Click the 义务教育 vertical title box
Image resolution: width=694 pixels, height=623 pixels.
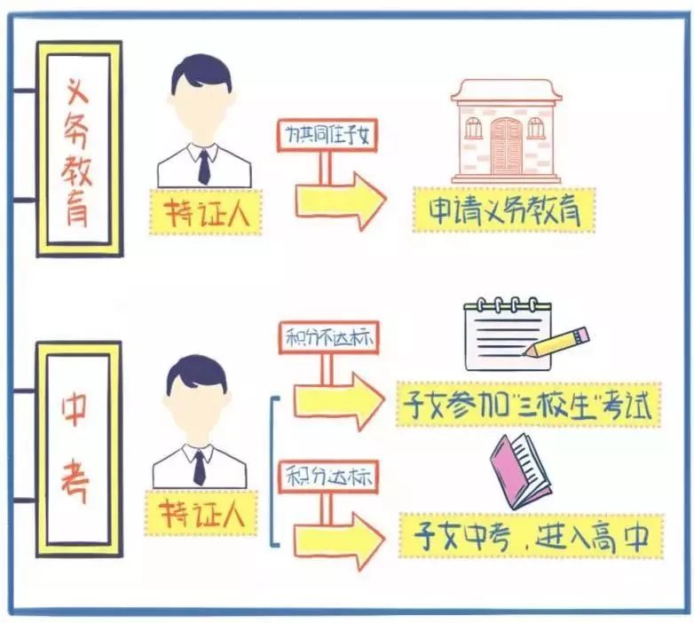pos(79,149)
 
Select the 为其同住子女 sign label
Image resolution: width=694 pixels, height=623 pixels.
pos(327,135)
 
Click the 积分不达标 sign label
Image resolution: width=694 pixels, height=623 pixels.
pos(329,338)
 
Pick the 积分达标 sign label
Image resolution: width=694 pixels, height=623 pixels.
pos(329,477)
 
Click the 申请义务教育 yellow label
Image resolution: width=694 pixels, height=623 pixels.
pos(504,209)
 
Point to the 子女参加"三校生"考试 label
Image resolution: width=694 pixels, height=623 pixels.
pos(528,405)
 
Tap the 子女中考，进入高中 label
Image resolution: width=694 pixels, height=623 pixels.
pos(531,536)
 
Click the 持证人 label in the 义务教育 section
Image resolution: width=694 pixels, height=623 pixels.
pos(206,212)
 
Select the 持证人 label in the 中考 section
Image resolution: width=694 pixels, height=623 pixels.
pos(201,513)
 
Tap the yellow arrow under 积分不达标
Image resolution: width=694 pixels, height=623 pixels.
pos(340,401)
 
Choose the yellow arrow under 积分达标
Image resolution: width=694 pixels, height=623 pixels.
pos(340,540)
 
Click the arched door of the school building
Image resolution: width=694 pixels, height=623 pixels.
pos(507,146)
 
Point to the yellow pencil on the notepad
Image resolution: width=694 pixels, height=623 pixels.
pos(556,342)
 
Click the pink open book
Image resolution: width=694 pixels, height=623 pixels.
pos(520,471)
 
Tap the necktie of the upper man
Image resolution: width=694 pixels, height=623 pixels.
pos(204,167)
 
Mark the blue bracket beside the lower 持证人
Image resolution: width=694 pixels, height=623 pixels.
pos(274,471)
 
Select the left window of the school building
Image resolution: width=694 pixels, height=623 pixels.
pos(473,128)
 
